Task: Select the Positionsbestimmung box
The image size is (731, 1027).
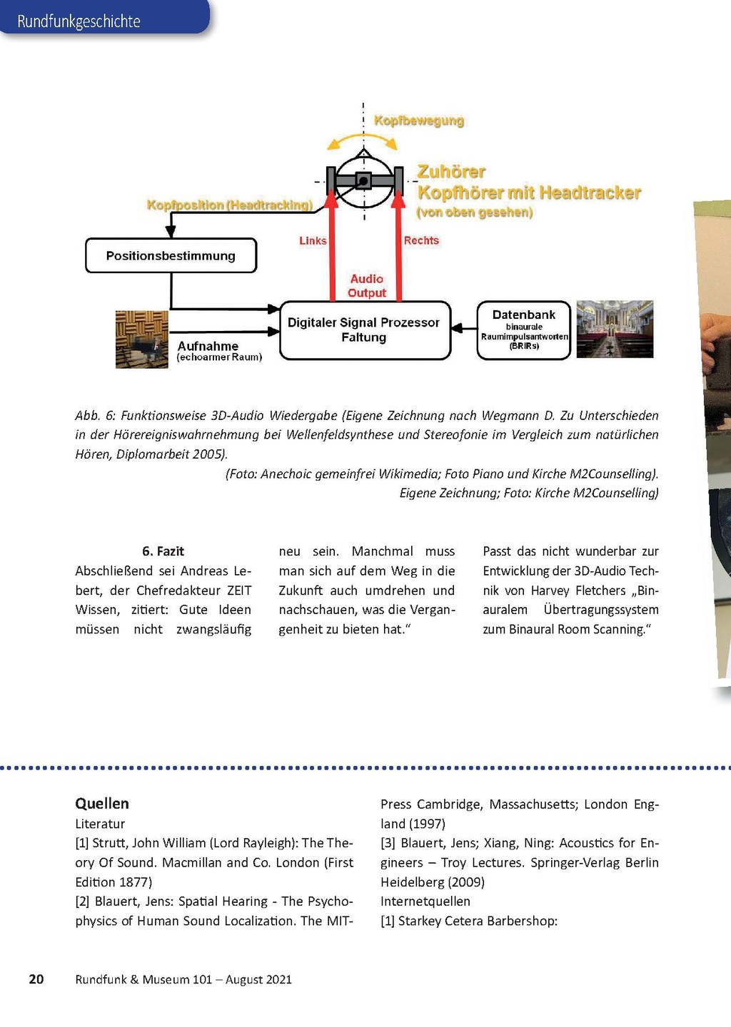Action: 171,255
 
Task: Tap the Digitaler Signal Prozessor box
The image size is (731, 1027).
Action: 364,330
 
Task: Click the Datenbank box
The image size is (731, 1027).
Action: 523,330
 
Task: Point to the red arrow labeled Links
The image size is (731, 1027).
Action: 331,250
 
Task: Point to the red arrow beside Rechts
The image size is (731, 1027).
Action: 398,250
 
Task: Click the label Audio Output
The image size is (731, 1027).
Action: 366,286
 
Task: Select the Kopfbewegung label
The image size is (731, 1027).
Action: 419,121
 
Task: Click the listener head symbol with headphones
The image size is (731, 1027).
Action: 363,180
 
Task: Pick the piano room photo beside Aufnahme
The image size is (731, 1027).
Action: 142,339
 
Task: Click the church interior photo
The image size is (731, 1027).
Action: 615,329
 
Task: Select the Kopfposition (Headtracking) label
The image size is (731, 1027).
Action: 230,205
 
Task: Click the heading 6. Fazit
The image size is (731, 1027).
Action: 163,551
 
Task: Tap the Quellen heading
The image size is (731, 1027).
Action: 102,804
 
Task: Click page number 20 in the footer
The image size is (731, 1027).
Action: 36,979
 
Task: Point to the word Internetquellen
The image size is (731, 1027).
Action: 425,901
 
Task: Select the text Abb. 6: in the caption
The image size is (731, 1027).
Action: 95,416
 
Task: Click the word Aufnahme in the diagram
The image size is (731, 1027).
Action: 208,346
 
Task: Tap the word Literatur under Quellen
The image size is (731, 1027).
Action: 100,824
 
